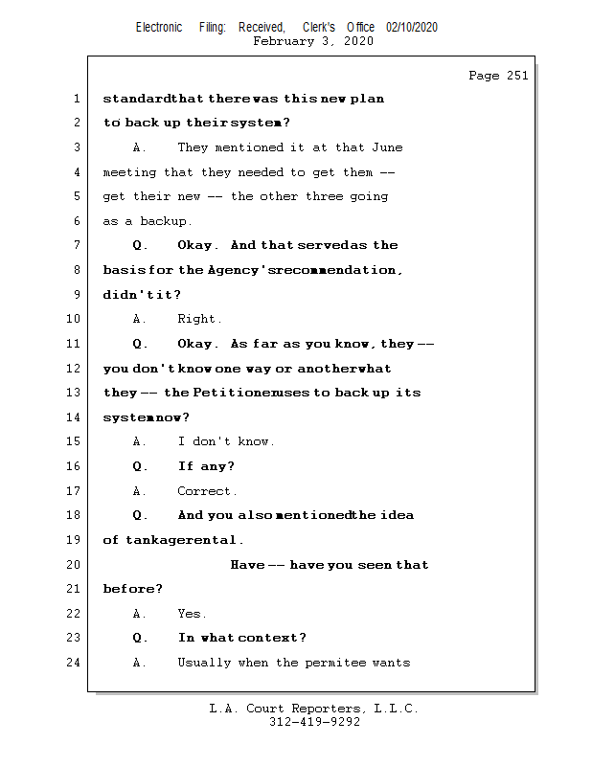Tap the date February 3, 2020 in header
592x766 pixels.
click(x=312, y=41)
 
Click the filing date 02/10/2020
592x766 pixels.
click(x=412, y=27)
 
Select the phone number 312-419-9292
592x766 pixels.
click(x=314, y=723)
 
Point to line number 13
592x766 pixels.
click(x=75, y=393)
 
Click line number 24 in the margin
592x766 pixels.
click(x=75, y=663)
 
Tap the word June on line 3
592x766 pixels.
click(x=387, y=147)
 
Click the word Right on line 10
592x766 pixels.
click(x=199, y=319)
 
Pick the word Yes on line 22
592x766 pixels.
click(x=192, y=614)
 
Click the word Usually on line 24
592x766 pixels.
click(x=204, y=663)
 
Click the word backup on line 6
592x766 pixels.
click(x=166, y=221)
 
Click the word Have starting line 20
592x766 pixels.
click(x=246, y=565)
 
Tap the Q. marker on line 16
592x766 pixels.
click(x=140, y=466)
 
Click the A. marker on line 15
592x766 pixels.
click(x=140, y=441)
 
